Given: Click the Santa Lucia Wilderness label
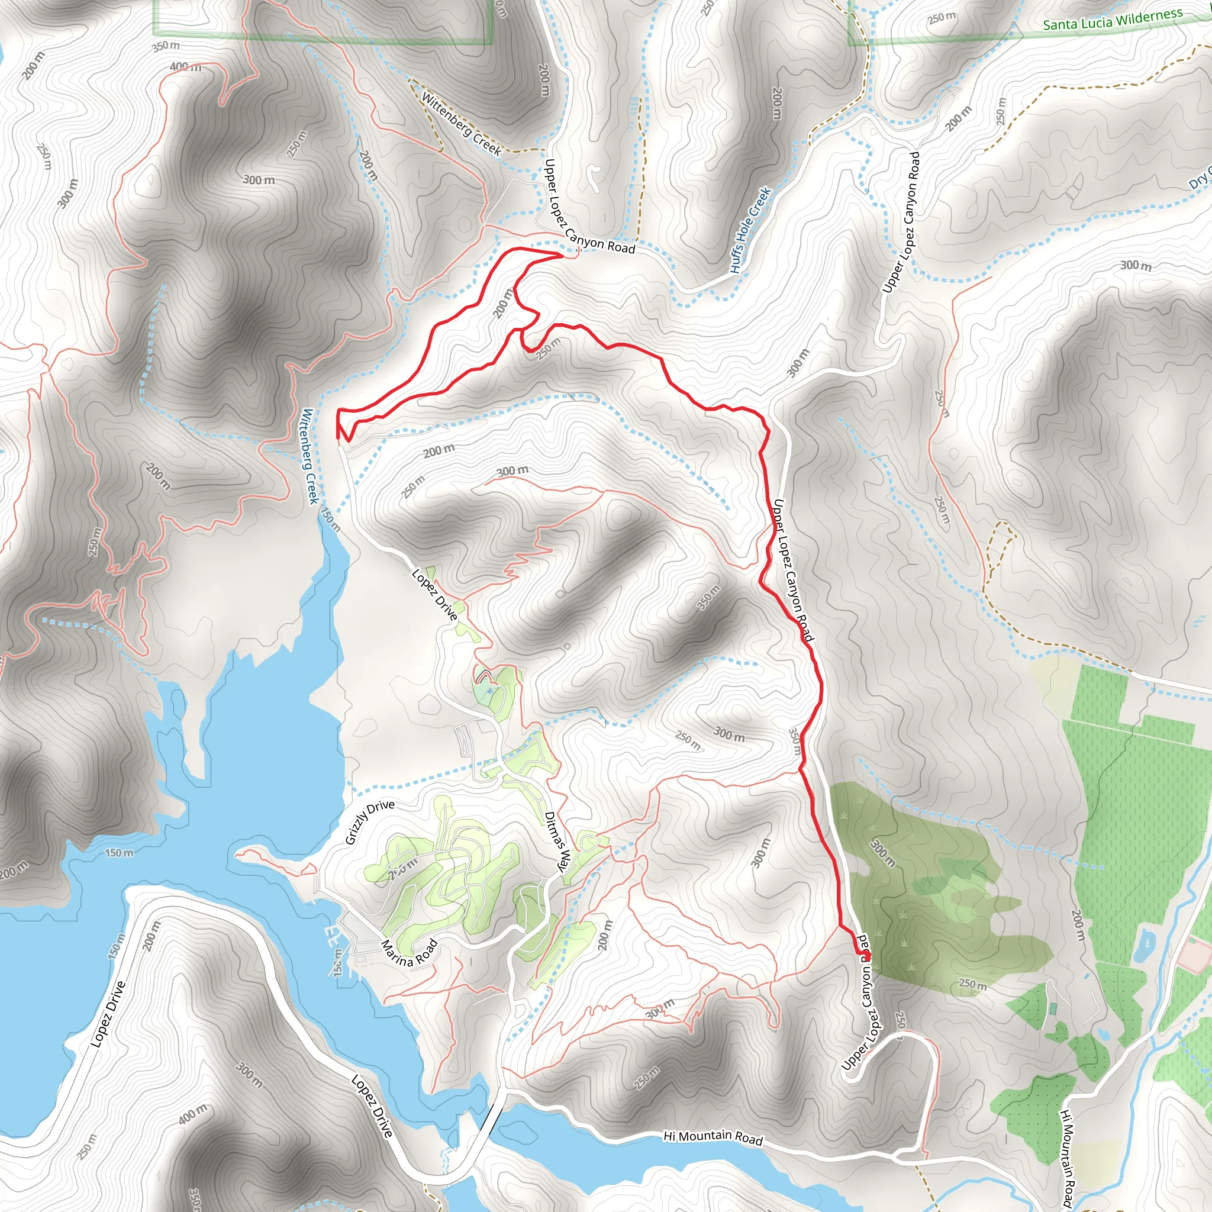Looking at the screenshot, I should click(x=1112, y=20).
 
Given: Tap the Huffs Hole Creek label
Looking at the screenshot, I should click(x=750, y=230).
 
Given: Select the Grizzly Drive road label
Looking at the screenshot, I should click(x=370, y=822).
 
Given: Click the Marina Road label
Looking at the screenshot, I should click(x=409, y=953).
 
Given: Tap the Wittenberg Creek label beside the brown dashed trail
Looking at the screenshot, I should click(x=461, y=124).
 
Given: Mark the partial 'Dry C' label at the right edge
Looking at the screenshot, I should click(x=1200, y=178).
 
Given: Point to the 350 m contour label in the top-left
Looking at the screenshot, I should click(x=166, y=46).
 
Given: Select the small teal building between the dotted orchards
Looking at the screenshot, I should click(x=1053, y=1009).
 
